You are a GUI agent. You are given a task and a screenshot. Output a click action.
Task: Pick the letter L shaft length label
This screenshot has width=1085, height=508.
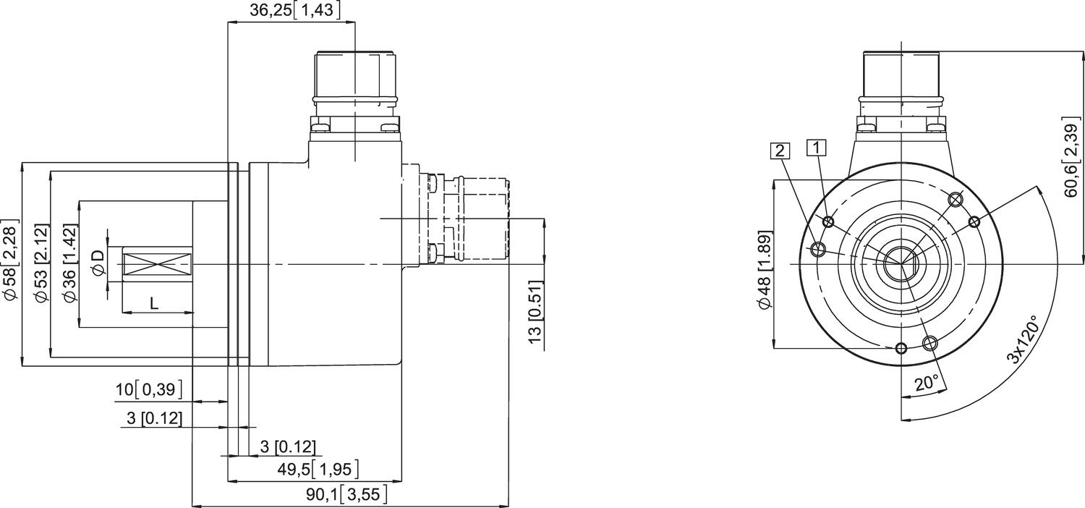(153, 304)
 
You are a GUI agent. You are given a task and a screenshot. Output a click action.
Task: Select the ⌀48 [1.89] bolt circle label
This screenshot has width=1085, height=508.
(765, 271)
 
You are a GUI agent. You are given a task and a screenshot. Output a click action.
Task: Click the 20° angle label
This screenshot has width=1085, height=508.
(927, 383)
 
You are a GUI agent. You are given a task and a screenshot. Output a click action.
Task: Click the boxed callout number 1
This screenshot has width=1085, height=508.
(817, 148)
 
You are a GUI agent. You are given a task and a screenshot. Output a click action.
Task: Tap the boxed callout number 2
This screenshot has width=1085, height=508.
(780, 151)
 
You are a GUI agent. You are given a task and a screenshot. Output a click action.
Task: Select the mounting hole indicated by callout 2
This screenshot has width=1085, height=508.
(818, 250)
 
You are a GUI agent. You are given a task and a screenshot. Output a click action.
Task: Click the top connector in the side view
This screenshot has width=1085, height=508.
(355, 80)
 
